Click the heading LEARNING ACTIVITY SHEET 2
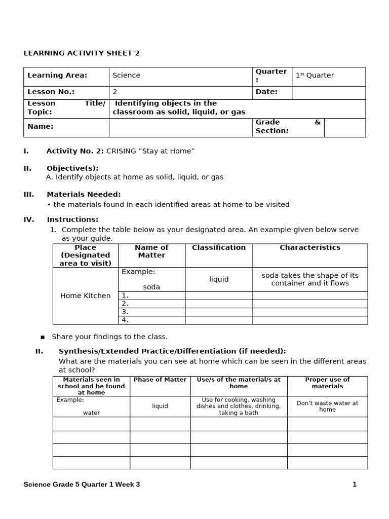point(81,53)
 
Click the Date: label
point(266,92)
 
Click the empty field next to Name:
point(180,127)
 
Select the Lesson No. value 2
point(115,92)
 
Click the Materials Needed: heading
point(84,194)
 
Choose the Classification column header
point(219,248)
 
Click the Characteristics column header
point(310,248)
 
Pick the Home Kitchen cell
point(85,295)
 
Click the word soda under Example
point(151,287)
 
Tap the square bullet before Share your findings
point(43,337)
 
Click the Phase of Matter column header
point(160,380)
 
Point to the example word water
point(91,413)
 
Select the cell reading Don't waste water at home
point(327,406)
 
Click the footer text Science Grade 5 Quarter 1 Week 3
point(82,485)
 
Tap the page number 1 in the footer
point(355,485)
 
